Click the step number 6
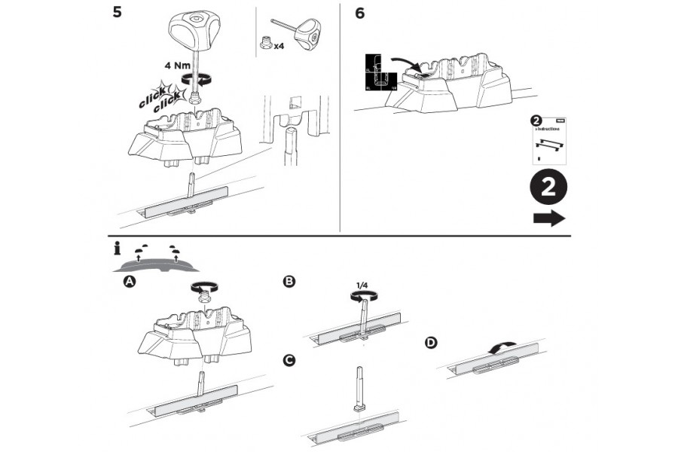360,14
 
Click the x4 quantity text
278,45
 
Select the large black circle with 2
548,188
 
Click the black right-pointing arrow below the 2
549,218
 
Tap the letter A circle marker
130,281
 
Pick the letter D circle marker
431,343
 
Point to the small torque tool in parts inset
307,32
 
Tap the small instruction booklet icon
548,140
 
